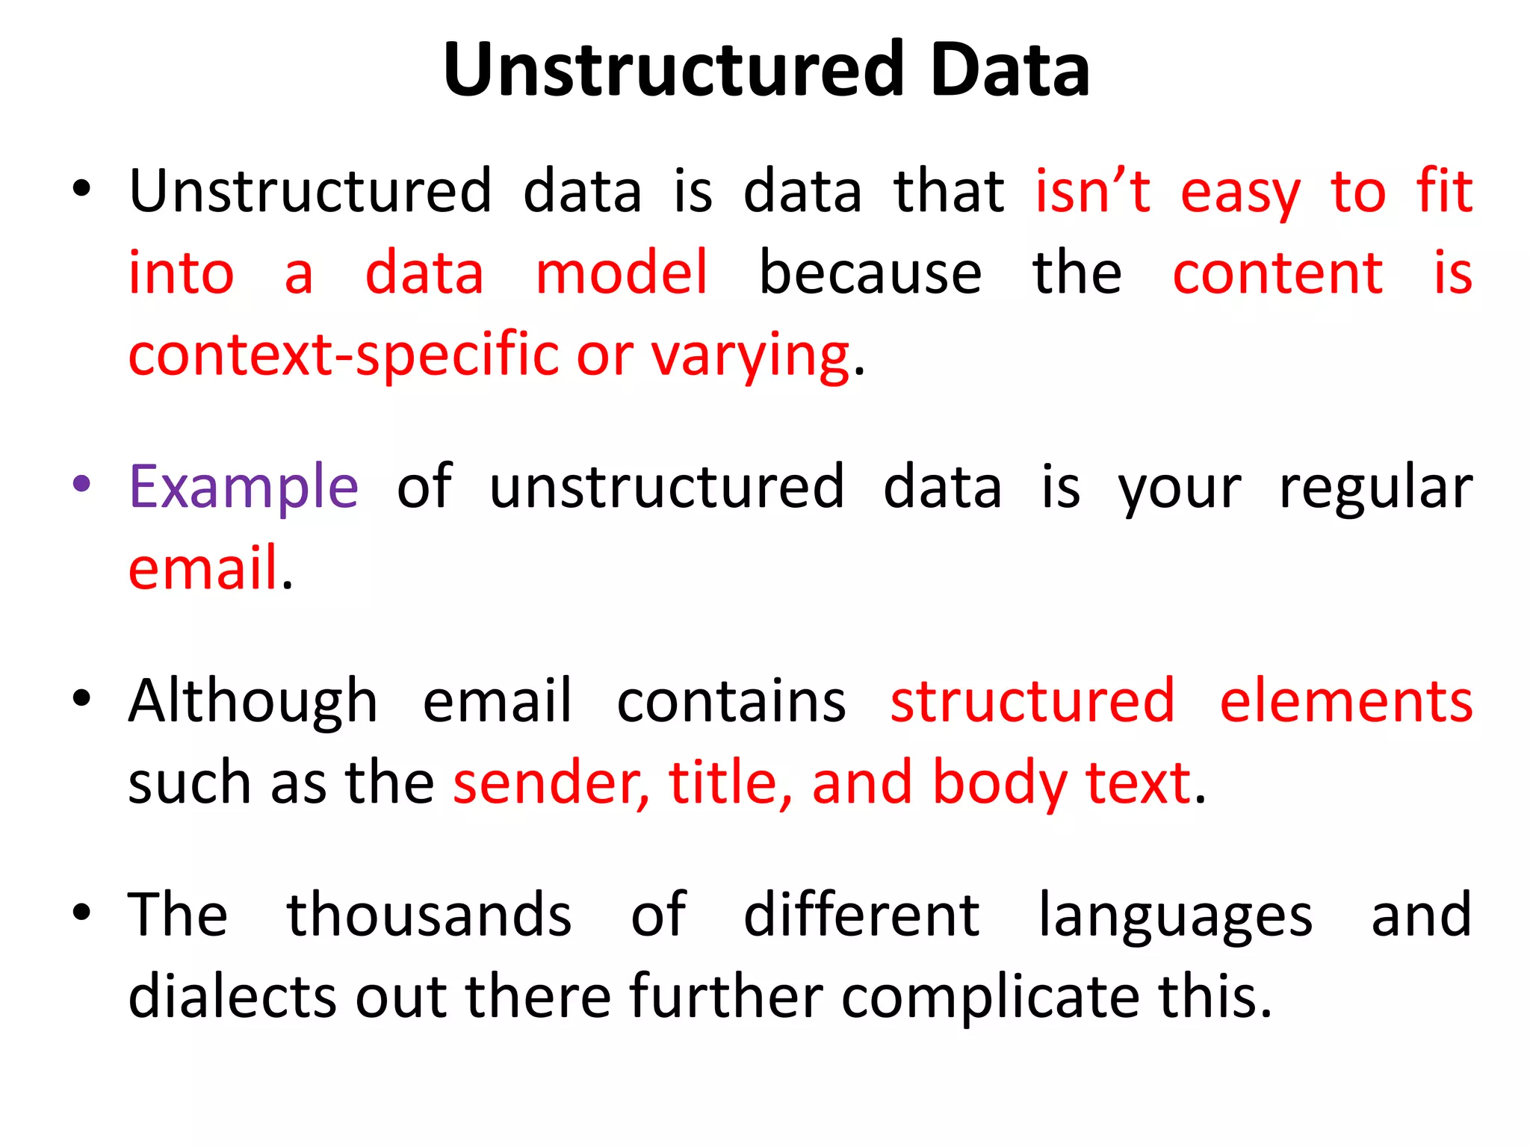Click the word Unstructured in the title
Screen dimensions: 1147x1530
672,70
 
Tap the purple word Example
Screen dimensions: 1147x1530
244,487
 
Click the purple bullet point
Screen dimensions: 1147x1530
82,484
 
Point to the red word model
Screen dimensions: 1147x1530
622,273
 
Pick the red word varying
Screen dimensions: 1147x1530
750,355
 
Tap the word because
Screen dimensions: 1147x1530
870,273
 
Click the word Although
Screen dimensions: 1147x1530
253,702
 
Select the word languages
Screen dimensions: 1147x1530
1175,917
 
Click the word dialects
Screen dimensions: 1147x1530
232,996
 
